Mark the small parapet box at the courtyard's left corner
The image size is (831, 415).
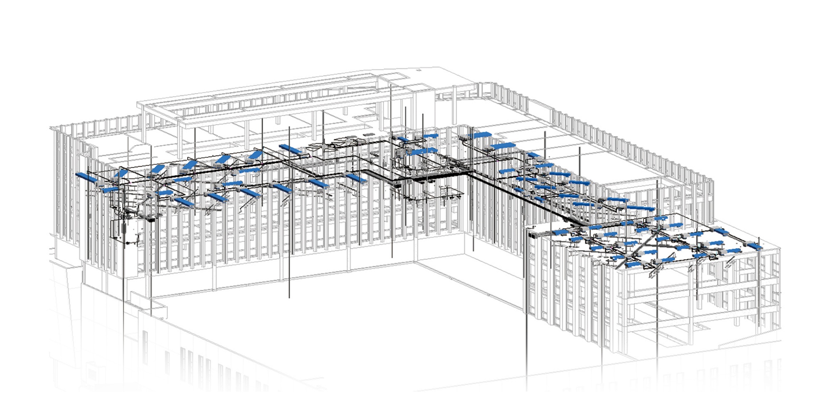(158, 310)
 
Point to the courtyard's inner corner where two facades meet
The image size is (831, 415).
(415, 261)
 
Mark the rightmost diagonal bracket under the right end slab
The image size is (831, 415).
(731, 262)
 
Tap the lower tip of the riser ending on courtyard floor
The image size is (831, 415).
(290, 297)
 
